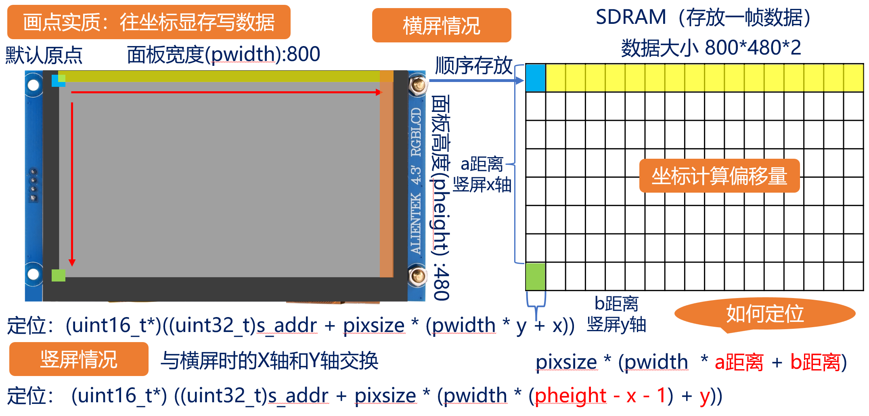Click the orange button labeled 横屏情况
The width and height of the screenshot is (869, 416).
[x=441, y=25]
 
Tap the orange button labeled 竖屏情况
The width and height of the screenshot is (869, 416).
[x=79, y=359]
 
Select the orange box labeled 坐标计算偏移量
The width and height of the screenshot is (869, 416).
[x=719, y=176]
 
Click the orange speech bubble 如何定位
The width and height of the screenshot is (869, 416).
[x=765, y=314]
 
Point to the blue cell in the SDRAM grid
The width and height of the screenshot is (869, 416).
[x=536, y=78]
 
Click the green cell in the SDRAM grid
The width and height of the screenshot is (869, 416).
[x=536, y=276]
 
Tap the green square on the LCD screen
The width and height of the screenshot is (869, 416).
[x=59, y=275]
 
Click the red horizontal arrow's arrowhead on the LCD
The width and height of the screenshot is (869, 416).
[x=379, y=92]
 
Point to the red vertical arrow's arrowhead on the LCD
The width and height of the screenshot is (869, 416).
[x=72, y=263]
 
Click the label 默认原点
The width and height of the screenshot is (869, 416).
[x=44, y=55]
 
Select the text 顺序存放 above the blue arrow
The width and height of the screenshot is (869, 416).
[x=473, y=66]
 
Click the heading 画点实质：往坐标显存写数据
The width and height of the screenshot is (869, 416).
[x=149, y=22]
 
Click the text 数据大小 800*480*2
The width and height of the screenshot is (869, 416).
[x=711, y=48]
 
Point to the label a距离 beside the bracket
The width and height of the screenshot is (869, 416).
[x=482, y=164]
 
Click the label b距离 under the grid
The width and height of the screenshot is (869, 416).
[x=616, y=304]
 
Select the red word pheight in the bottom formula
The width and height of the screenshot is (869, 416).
[x=570, y=395]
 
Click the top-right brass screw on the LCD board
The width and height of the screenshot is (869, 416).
[x=418, y=85]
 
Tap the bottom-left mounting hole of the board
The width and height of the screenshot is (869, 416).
[x=33, y=274]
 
